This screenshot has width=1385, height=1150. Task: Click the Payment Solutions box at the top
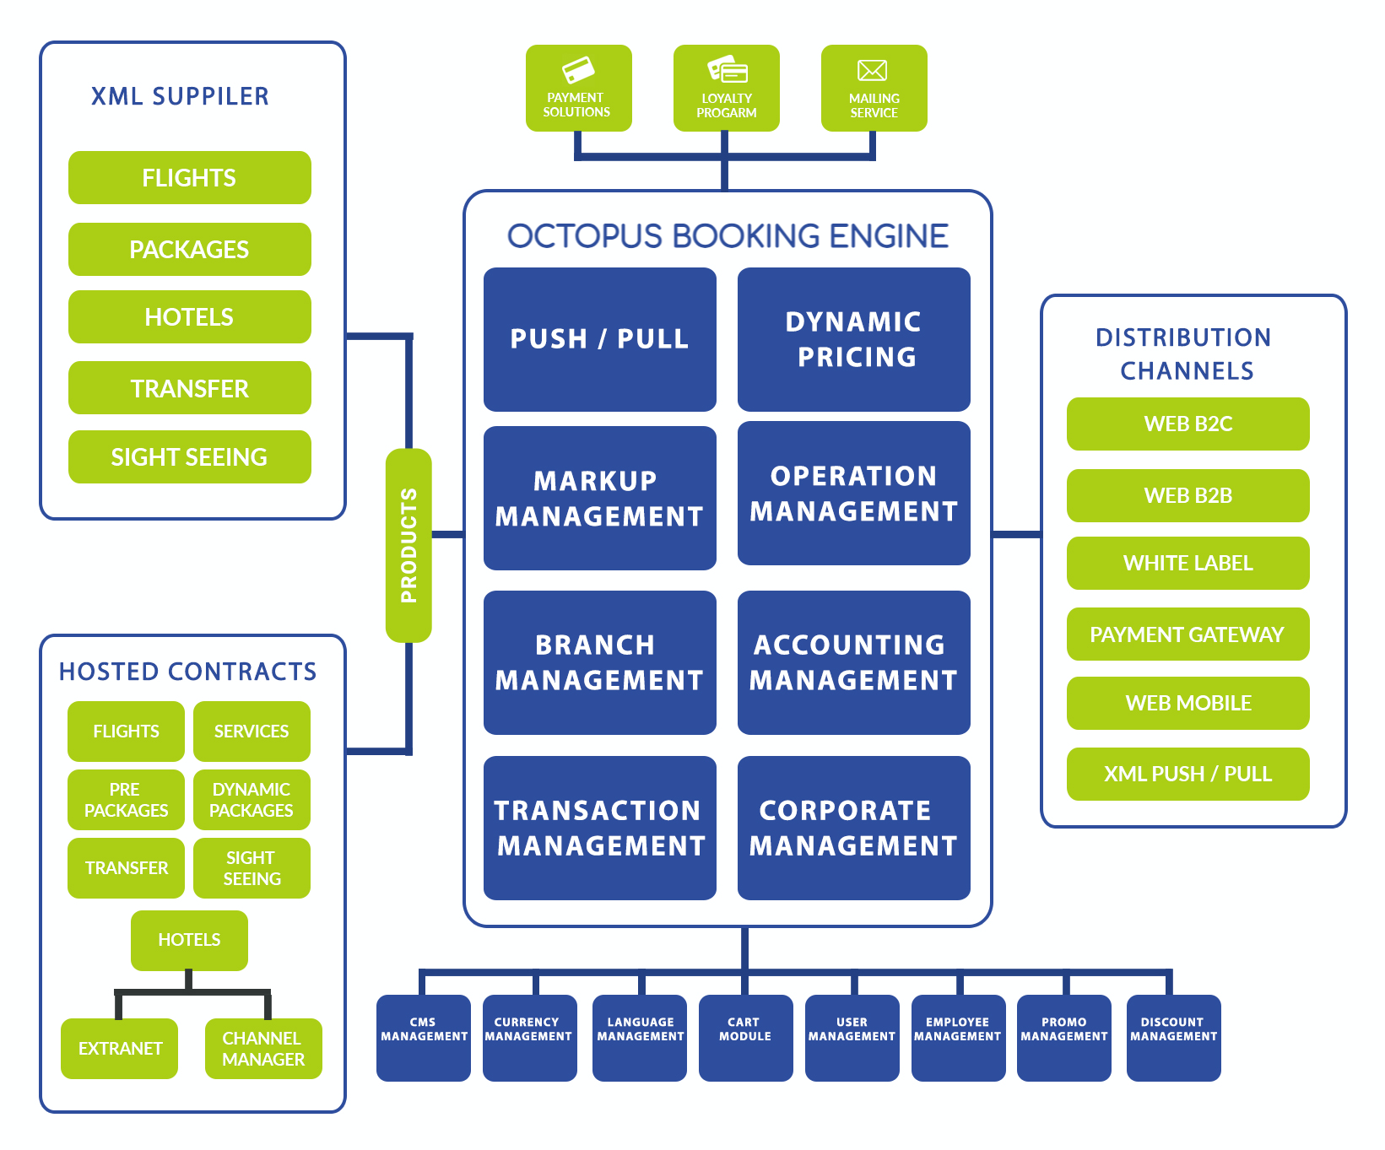(x=578, y=89)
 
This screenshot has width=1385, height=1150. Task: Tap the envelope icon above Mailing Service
(x=873, y=70)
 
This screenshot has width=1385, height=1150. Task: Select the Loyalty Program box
(x=726, y=89)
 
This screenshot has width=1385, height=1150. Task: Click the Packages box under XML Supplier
(x=189, y=250)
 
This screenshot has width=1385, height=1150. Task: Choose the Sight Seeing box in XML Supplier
(x=189, y=457)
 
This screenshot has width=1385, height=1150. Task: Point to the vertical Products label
(x=408, y=545)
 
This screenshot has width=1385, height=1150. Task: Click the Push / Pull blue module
(x=599, y=339)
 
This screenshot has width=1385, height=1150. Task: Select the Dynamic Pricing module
(x=853, y=339)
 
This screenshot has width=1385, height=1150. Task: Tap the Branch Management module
(x=599, y=662)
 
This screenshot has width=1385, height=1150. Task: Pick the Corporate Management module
(x=853, y=828)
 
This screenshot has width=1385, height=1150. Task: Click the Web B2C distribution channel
(x=1188, y=424)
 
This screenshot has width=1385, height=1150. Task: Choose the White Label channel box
(x=1188, y=563)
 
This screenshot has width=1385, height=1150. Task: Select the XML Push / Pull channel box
(x=1188, y=774)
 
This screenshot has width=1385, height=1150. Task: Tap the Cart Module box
(x=745, y=1037)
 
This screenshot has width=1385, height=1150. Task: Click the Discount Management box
(x=1173, y=1037)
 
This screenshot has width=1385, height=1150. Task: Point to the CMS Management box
(x=424, y=1037)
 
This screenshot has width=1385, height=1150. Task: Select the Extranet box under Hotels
(x=120, y=1049)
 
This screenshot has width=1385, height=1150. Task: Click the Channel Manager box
(x=263, y=1049)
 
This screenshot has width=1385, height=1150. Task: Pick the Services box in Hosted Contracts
(x=252, y=732)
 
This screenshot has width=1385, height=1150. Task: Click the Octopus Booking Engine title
(x=728, y=236)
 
